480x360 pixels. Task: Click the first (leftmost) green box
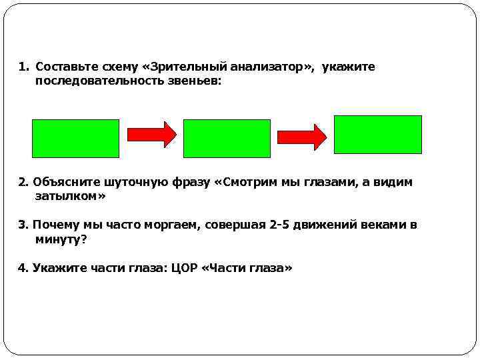coord(76,138)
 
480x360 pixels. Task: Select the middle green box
coord(227,138)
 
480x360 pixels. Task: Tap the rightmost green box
coord(377,135)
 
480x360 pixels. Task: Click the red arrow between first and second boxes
coord(151,135)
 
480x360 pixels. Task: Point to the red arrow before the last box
coord(301,136)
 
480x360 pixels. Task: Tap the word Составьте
coord(64,67)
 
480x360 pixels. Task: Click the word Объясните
coord(63,182)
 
